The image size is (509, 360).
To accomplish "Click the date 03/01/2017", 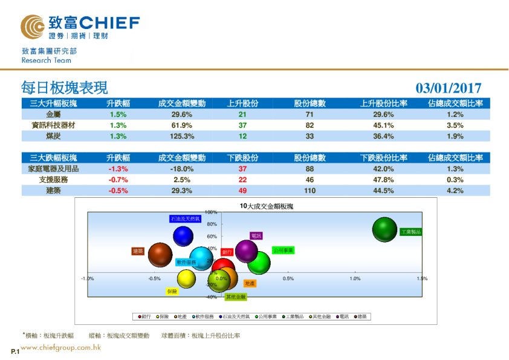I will pos(449,88).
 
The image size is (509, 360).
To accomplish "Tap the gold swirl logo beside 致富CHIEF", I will pos(32,27).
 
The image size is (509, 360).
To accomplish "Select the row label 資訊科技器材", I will pos(53,125).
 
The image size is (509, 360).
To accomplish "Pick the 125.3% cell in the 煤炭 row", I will pos(181,136).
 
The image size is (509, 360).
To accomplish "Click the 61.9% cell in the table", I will pos(181,125).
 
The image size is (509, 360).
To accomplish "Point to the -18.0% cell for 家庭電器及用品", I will pos(181,169).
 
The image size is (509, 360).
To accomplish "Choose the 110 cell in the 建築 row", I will pos(310,191).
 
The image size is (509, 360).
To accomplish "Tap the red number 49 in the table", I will pos(242,191).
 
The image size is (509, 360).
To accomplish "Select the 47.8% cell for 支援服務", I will pos(383,180).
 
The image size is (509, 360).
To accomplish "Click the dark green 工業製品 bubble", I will pos(385,231).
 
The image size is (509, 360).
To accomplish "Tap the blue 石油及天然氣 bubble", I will pos(183,236).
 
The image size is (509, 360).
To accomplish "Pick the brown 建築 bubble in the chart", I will pos(160,255).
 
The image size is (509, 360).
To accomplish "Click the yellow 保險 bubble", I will pos(187,278).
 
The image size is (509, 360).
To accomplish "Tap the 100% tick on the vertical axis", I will pos(211,212).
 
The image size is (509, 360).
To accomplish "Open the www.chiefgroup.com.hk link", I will pos(60,347).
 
